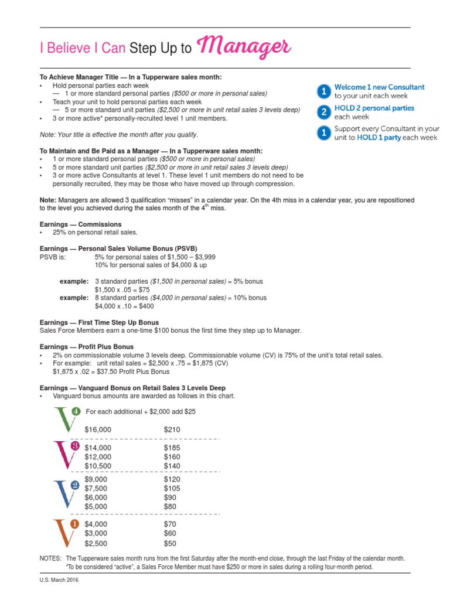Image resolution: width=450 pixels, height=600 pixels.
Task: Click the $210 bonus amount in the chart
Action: click(x=172, y=429)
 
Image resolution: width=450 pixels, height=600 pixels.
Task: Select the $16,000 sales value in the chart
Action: click(x=98, y=429)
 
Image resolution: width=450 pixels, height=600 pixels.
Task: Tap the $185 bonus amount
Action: click(x=172, y=448)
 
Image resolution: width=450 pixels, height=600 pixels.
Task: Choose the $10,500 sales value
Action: click(x=98, y=466)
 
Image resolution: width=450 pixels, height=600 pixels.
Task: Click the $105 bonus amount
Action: click(x=172, y=488)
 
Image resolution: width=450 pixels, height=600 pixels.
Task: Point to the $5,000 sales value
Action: click(x=96, y=506)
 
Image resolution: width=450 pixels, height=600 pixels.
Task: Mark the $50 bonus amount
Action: click(x=171, y=543)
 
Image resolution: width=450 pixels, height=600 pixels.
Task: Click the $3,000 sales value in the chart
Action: click(x=96, y=533)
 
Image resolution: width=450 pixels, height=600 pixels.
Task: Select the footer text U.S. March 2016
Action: click(x=59, y=580)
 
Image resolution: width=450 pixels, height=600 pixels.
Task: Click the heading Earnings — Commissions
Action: click(x=80, y=224)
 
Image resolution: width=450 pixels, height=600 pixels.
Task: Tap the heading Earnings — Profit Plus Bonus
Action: click(x=86, y=347)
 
